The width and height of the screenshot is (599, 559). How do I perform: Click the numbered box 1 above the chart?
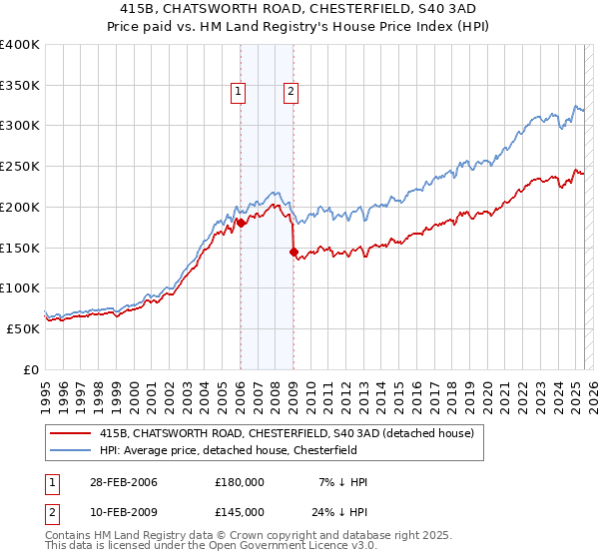coord(240,93)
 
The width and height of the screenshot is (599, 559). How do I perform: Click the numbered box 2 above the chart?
coord(291,93)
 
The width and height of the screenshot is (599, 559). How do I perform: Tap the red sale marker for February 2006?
coord(241,224)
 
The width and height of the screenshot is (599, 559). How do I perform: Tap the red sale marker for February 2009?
coord(294,252)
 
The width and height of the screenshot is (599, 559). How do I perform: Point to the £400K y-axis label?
coord(20,45)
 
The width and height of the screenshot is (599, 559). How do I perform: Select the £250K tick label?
coord(20,166)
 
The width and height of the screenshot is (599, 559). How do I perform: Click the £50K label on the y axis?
coord(24,327)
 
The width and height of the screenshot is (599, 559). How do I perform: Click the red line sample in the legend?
coord(71,432)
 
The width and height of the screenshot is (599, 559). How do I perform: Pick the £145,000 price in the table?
coord(240,511)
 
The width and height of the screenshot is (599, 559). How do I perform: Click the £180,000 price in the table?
coord(240,482)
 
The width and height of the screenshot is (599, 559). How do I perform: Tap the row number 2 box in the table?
coord(52,511)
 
